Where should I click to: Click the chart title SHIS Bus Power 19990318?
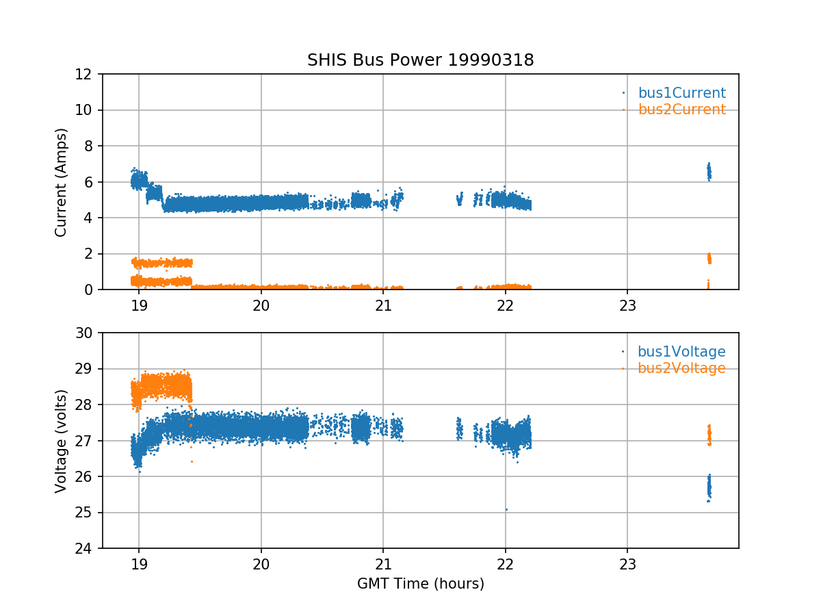(420, 60)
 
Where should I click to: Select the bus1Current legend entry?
(681, 93)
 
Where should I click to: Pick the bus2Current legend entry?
(681, 110)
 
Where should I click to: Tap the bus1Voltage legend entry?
(681, 352)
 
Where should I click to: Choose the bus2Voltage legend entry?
(681, 368)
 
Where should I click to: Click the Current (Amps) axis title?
(62, 182)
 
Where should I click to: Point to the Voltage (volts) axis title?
(62, 441)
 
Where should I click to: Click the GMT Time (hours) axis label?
(420, 584)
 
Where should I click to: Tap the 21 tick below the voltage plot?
(383, 565)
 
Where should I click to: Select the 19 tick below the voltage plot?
(139, 565)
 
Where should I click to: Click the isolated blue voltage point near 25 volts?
(506, 509)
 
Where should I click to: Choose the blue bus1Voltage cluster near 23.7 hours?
(709, 487)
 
